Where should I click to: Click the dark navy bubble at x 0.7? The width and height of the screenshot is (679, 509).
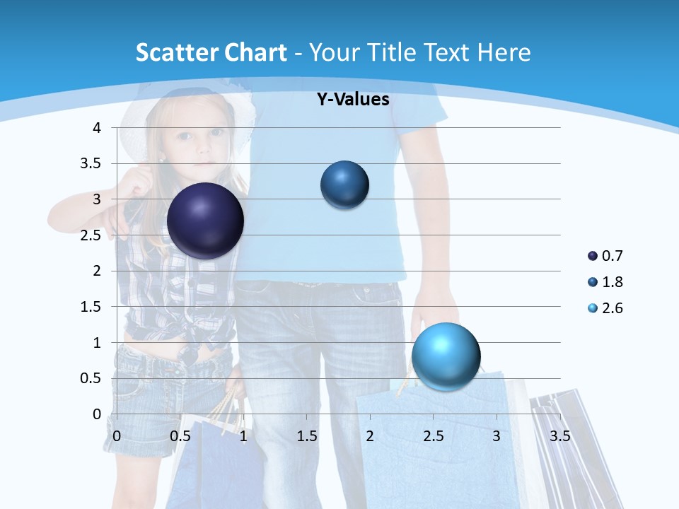pos(205,221)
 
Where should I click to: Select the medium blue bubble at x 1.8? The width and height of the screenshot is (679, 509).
pos(344,185)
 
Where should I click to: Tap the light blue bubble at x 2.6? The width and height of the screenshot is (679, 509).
pos(446,356)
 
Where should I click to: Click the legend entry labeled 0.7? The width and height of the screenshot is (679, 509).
pos(605,256)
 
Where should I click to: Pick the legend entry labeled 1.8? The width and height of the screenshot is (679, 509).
pos(605,282)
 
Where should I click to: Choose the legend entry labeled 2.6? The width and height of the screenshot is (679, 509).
pos(605,308)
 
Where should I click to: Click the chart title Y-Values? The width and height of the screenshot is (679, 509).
pos(353,100)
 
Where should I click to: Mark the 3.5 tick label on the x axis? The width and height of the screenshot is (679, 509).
pos(559,435)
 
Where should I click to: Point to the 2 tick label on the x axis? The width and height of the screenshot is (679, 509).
pos(370,435)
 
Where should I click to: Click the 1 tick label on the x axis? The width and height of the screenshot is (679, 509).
pos(243,435)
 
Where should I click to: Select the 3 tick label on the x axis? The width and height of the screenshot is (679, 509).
pos(497,435)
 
